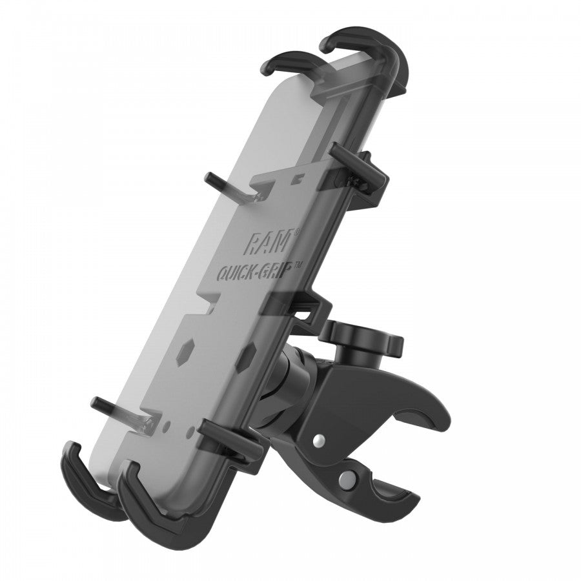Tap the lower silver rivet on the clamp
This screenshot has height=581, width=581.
(349, 481)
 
